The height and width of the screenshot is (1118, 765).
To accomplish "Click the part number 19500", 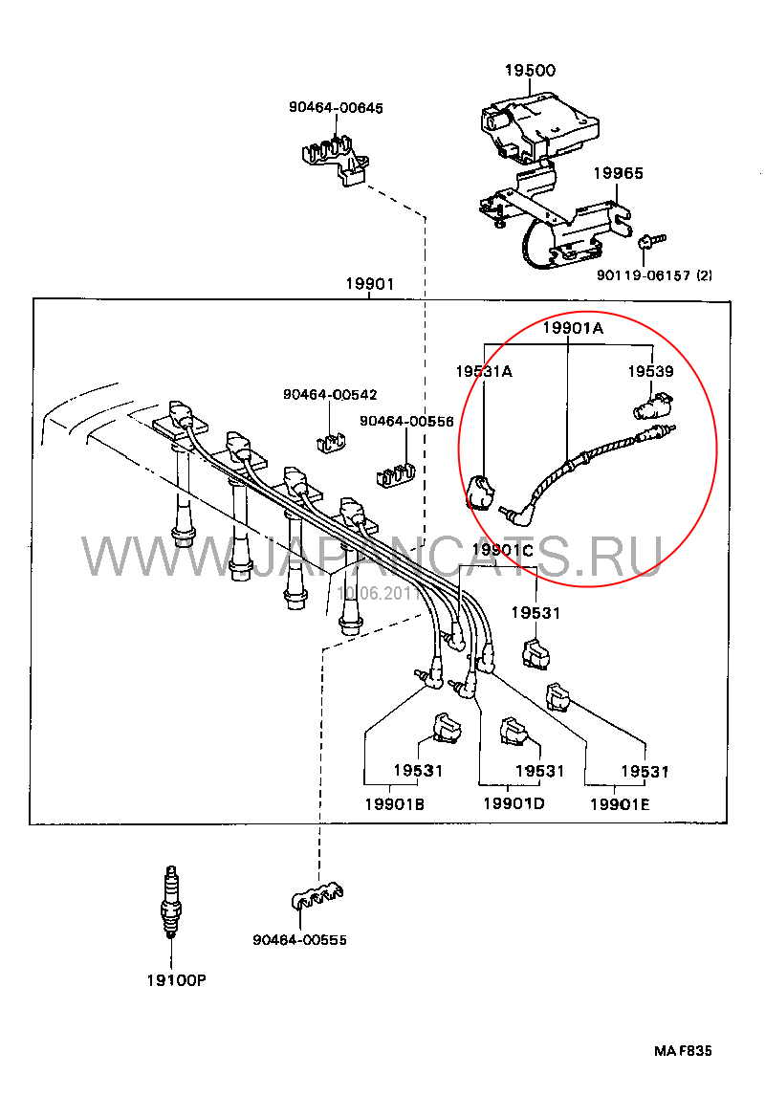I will coord(530,71).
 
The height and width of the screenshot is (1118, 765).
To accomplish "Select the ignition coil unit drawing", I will coord(537,124).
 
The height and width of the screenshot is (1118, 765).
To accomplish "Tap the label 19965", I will coord(618,173).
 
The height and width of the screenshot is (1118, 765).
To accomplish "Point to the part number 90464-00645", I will coord(336,107).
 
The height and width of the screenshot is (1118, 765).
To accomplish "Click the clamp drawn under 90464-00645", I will coord(337,159).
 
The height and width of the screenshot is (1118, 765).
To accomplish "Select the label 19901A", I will coord(573,327).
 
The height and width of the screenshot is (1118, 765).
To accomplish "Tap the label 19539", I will coord(650,371).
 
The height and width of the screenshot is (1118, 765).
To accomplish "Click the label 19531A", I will coord(483,371).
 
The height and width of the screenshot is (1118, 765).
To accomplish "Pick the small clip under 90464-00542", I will coord(330,440).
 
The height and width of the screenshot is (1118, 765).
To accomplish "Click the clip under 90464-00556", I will coord(392,473).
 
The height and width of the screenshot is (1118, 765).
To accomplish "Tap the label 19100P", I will coord(176,980).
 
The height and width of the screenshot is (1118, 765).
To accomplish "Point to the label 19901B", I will coord(394,803).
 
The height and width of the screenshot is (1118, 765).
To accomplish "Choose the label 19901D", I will coord(513,802).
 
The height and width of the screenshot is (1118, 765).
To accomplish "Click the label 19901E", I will coord(619,803).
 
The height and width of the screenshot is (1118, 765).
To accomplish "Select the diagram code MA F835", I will coord(683,1051).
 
